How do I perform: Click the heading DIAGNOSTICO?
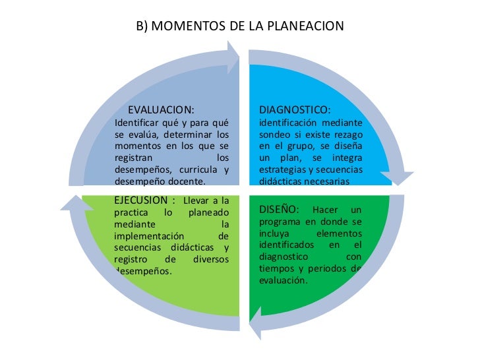(295, 109)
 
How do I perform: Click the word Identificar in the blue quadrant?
(138, 123)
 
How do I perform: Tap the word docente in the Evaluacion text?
(188, 181)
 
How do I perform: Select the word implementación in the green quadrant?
(154, 235)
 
